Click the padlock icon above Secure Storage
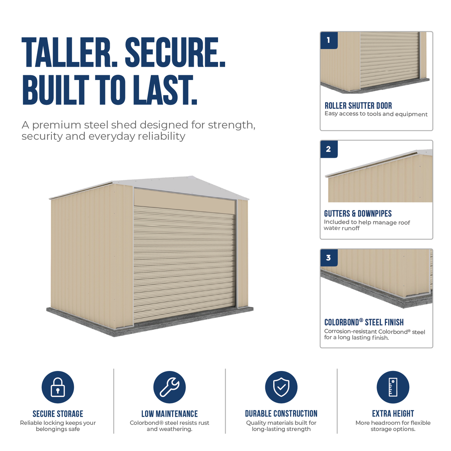[58, 387]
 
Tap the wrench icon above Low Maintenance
[170, 387]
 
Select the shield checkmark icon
[281, 387]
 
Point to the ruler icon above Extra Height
[393, 387]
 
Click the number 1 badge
[329, 41]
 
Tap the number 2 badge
[329, 149]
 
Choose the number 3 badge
[329, 258]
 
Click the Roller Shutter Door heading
[358, 106]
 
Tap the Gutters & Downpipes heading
[358, 214]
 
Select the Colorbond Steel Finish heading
[364, 322]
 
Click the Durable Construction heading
[281, 413]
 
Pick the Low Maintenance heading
[170, 414]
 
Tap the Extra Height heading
[393, 413]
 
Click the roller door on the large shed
[184, 263]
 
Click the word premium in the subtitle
[57, 126]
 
